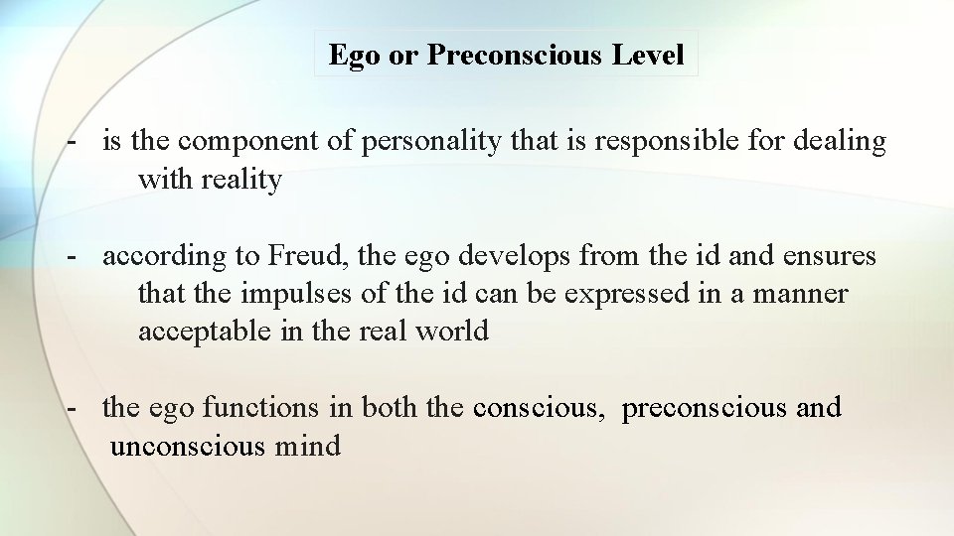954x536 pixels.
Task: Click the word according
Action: tap(164, 256)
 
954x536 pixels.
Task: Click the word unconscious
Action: tap(187, 447)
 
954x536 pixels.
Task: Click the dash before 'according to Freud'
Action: tap(73, 256)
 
